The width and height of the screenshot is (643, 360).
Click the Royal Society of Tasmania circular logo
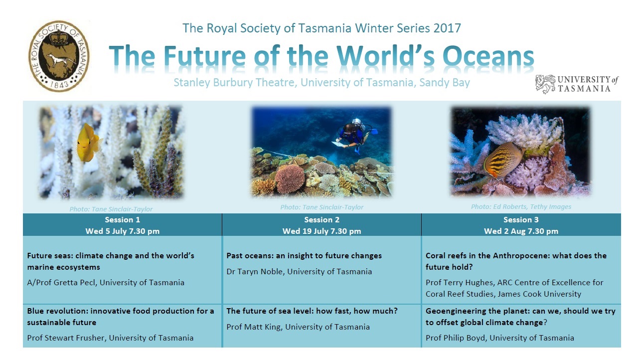tap(59, 56)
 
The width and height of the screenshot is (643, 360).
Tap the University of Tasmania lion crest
tap(545, 84)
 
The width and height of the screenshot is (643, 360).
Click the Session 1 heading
tap(122, 219)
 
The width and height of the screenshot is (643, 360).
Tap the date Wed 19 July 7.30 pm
tap(322, 231)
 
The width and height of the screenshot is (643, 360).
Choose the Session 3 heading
tap(521, 219)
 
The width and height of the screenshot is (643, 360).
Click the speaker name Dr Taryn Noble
tap(255, 272)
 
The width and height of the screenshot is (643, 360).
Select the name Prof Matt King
tap(254, 327)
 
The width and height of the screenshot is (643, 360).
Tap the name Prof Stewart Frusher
tap(66, 338)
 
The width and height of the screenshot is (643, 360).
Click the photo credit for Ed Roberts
tap(521, 207)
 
